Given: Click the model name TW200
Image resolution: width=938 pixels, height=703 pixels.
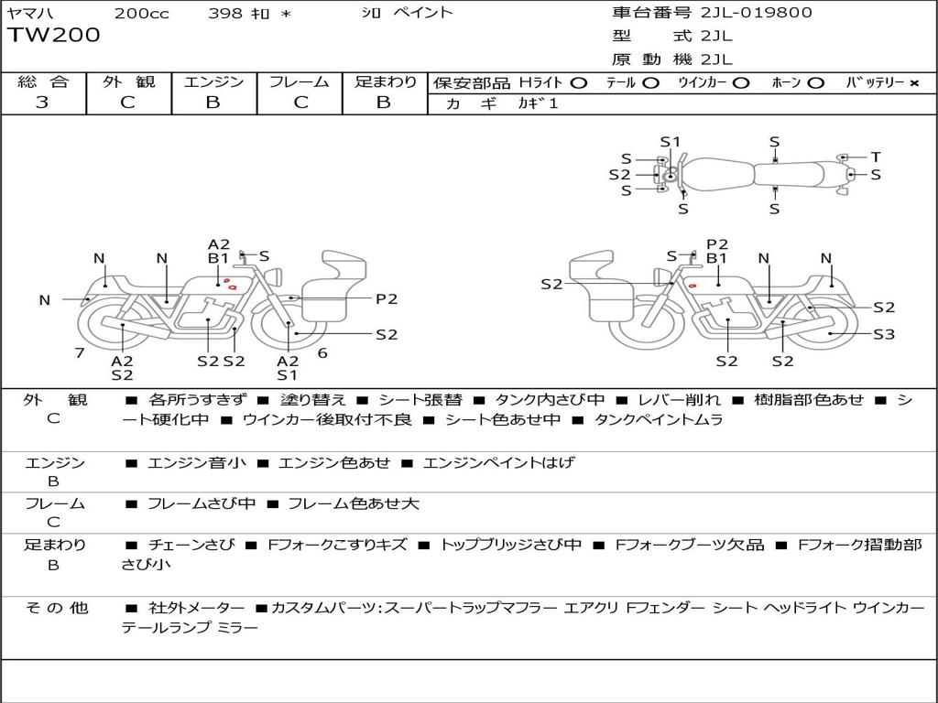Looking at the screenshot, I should [53, 36].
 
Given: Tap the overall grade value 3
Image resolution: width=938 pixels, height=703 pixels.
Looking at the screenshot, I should [42, 103].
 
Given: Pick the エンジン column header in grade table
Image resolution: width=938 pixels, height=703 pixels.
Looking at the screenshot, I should [213, 81].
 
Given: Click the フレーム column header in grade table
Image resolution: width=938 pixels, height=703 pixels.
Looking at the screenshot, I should [300, 81].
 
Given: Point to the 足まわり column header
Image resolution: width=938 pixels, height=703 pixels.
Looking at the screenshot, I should [385, 81].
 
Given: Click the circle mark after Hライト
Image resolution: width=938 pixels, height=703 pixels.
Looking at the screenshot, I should [578, 83].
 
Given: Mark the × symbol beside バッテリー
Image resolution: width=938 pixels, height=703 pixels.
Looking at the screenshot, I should [913, 83].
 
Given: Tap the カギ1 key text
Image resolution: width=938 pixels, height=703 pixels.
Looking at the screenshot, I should [538, 103].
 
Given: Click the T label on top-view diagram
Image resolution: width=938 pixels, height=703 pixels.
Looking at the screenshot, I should [876, 157].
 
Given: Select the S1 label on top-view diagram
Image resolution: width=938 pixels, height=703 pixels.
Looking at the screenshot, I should [671, 142].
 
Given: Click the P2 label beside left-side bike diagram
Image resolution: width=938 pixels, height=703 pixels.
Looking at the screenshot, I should [387, 298].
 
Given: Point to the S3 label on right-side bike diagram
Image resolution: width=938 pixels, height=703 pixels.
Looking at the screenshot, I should [883, 335].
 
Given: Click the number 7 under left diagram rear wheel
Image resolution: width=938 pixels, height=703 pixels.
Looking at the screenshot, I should [80, 352].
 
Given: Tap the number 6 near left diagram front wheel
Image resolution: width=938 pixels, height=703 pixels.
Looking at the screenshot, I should [322, 352].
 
